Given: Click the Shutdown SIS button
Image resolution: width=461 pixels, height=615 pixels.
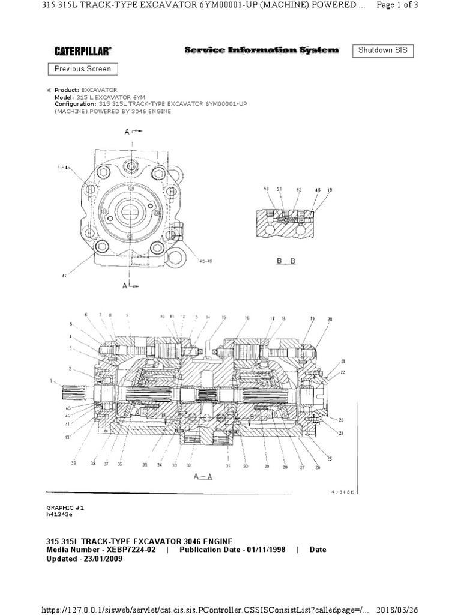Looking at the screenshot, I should tap(382, 50).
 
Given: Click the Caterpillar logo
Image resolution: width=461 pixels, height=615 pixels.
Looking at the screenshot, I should tap(83, 52).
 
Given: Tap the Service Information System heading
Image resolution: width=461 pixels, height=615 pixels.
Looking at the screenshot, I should tap(261, 51).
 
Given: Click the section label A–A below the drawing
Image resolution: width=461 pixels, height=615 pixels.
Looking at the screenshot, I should tap(204, 476).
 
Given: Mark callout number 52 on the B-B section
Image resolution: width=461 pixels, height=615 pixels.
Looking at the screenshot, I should tap(298, 189).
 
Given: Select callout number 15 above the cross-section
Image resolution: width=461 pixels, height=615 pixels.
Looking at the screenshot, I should tap(223, 317).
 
